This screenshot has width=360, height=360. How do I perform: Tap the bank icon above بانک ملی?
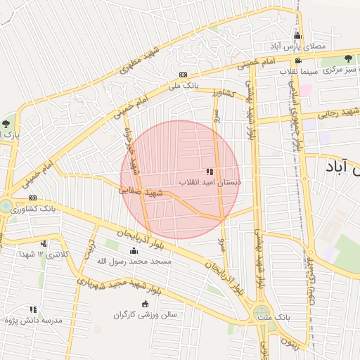[x=183, y=75]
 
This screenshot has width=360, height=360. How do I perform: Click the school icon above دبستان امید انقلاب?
[x=209, y=172]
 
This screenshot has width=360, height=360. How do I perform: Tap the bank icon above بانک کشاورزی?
[x=32, y=198]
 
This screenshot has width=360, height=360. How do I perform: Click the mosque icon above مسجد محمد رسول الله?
[x=134, y=251]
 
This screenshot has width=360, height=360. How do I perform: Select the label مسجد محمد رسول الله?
[x=134, y=261]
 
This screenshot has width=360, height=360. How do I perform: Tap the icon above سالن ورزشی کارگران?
[x=146, y=304]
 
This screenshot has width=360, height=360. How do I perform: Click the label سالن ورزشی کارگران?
[x=146, y=314]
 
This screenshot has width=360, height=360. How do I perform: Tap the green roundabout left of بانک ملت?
[x=262, y=311]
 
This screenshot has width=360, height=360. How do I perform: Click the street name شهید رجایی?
[x=338, y=112]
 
